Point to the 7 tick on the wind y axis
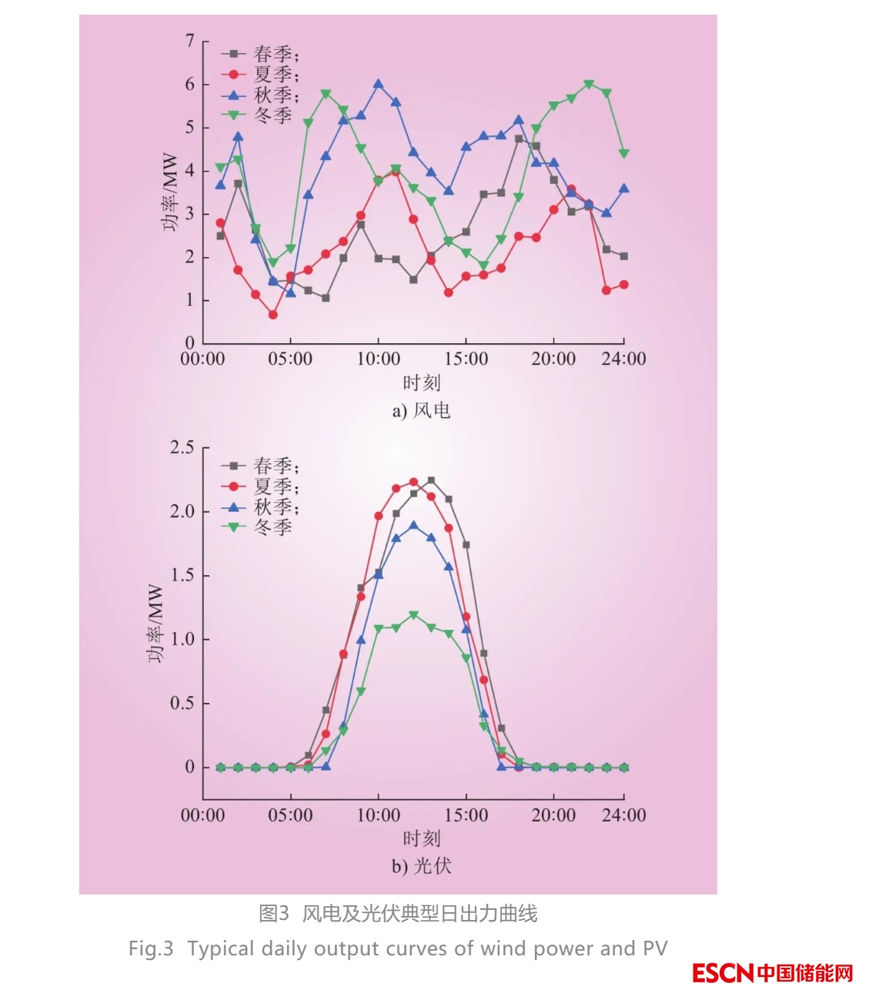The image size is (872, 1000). coord(189,41)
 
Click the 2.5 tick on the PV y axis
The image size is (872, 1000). coord(182,447)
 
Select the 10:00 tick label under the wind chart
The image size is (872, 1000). coord(378,359)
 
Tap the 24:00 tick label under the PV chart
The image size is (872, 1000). coord(623,815)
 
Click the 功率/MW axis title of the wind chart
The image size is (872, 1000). coord(170,192)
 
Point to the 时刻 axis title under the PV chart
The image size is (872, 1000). coord(421,838)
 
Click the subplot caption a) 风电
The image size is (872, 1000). coord(421,410)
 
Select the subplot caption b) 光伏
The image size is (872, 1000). coord(421,866)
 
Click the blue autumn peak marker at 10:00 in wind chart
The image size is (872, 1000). coord(378,84)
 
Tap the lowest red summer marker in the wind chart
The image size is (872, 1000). coord(272,314)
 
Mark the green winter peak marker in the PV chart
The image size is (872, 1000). coord(413,615)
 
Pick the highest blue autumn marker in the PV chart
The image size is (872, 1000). coord(413,525)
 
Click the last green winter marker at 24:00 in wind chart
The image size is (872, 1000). coord(623,154)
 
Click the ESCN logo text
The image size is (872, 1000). coord(722,973)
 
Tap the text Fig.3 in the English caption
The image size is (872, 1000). coord(151,948)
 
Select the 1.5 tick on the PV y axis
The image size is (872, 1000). coord(182,575)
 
